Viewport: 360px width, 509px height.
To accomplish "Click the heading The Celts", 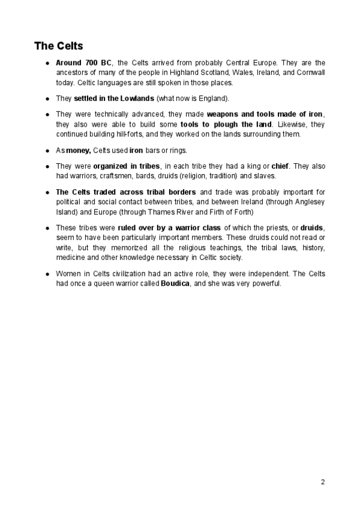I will point(58,46).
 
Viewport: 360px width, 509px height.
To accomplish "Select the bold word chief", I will point(281,165).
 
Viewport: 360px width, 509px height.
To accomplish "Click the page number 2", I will point(323,481).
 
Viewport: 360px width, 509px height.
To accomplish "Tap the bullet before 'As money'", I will point(47,150).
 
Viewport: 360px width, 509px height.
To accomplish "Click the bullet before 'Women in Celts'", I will point(47,274).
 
